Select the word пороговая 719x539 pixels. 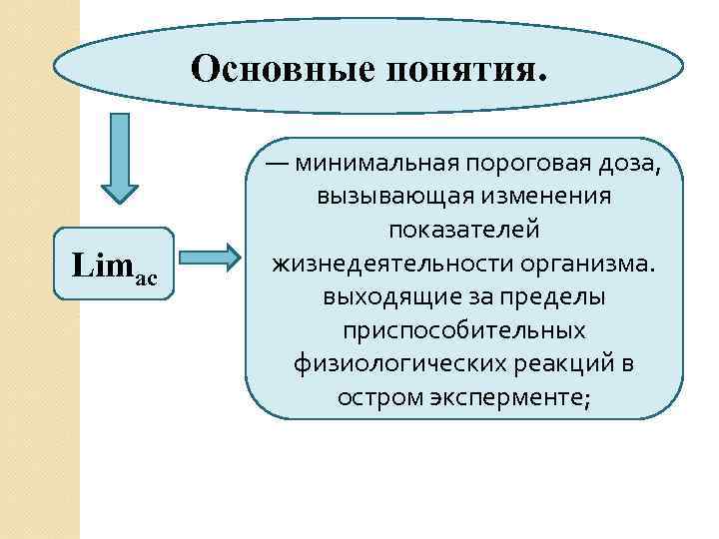click(530, 162)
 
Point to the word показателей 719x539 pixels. click(464, 230)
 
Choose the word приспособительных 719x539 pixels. click(464, 330)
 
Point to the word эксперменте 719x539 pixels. click(516, 398)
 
